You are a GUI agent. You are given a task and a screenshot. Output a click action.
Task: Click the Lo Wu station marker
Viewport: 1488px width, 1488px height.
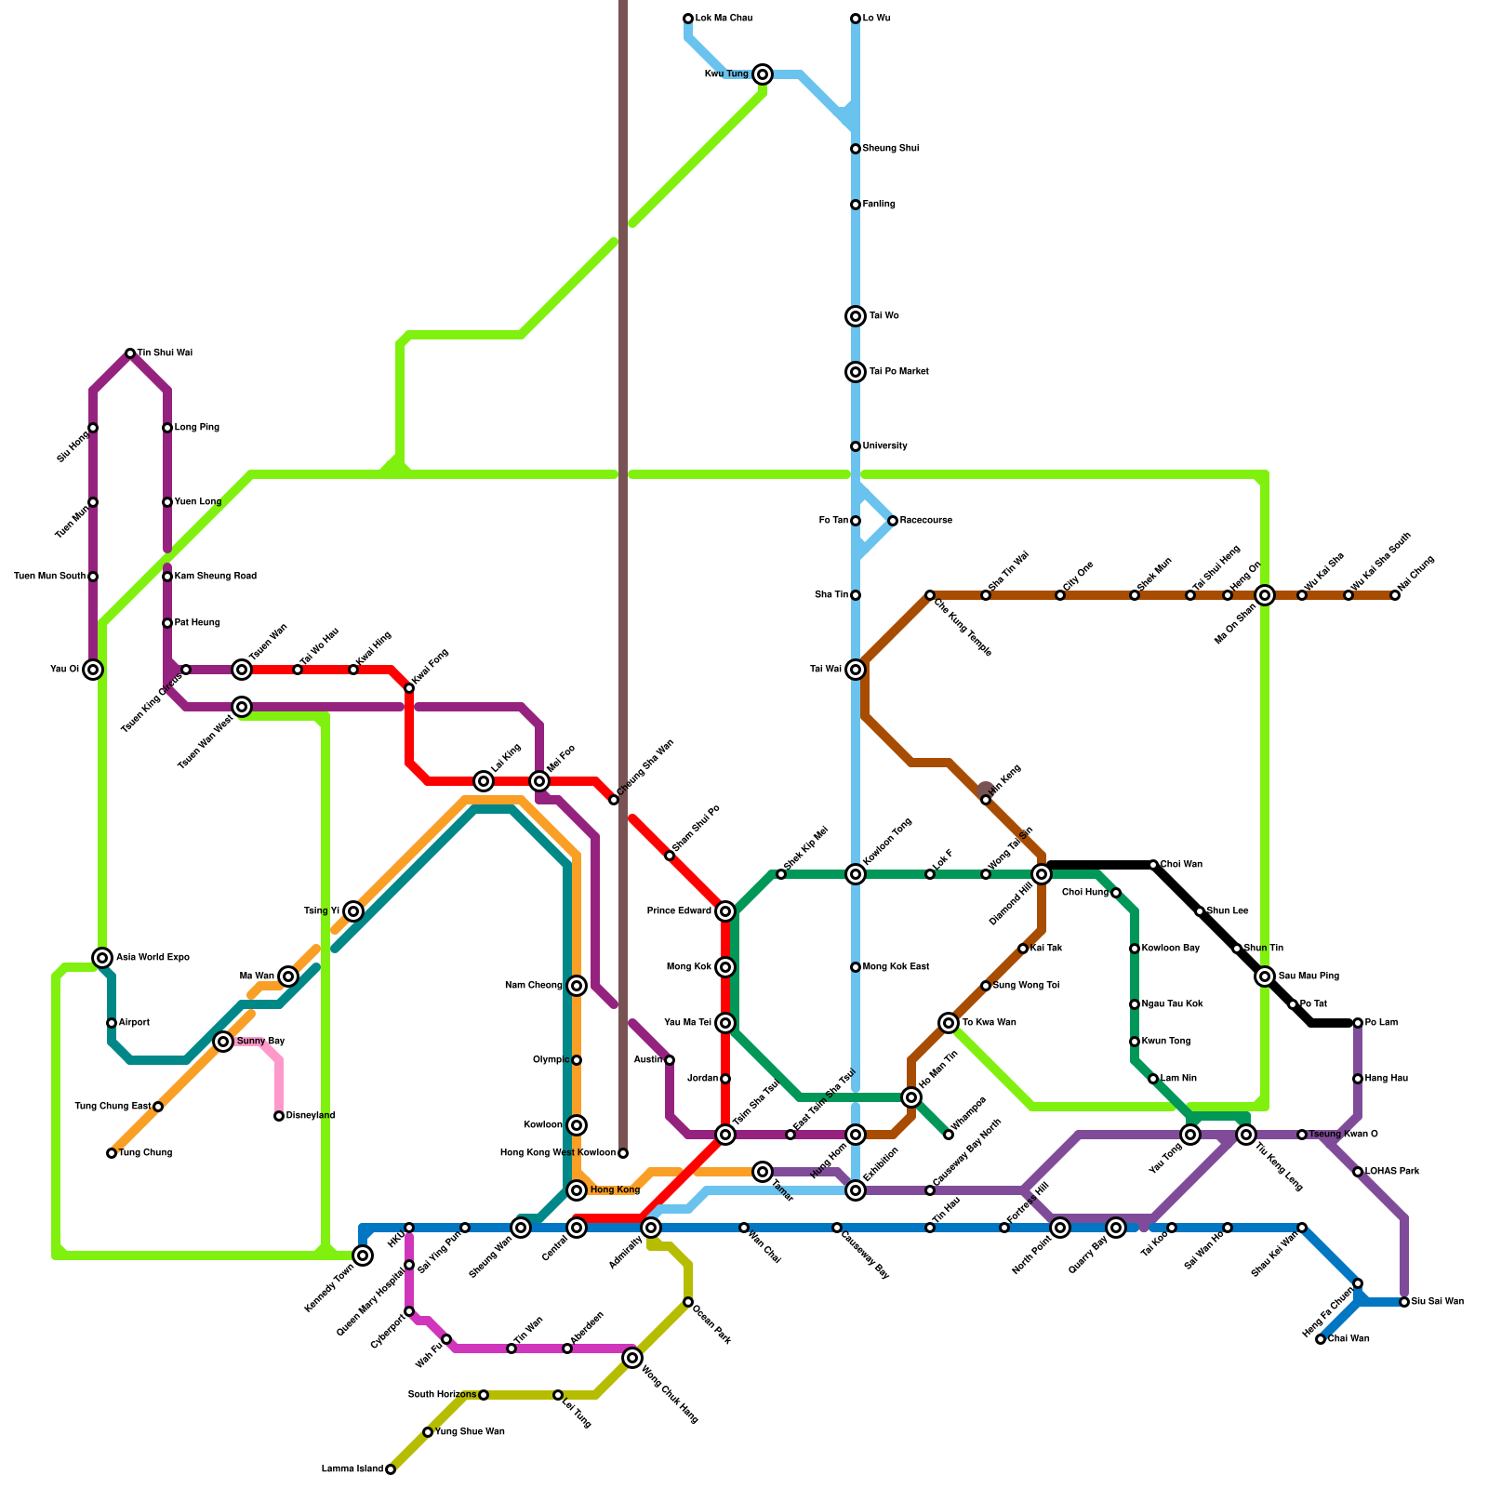click(x=856, y=19)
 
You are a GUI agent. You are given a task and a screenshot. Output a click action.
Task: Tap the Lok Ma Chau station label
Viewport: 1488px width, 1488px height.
click(x=724, y=19)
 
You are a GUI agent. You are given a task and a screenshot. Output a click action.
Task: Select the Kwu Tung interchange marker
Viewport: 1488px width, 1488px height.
click(x=763, y=74)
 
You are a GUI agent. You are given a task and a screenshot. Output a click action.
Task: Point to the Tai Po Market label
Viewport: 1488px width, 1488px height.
click(x=898, y=372)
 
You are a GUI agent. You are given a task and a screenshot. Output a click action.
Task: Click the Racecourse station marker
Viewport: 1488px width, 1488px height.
click(x=893, y=521)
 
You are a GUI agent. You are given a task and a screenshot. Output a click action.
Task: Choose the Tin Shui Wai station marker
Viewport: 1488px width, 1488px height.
click(x=130, y=353)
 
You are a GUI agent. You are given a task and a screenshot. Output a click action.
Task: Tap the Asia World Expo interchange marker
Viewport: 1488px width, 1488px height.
click(x=102, y=958)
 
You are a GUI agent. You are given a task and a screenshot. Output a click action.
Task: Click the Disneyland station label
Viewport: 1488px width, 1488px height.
click(x=310, y=1116)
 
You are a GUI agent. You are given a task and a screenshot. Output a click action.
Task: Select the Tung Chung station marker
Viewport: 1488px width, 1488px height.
click(x=112, y=1153)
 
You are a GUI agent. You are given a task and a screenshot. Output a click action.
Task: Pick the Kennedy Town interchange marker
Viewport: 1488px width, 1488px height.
click(x=363, y=1255)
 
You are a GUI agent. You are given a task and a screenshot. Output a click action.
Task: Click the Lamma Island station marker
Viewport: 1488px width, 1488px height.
click(x=391, y=1469)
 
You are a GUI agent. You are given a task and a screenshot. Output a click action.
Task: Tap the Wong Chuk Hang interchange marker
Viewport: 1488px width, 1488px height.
click(x=632, y=1358)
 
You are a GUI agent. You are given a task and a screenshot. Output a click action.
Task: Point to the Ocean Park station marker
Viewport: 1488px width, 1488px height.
click(x=688, y=1302)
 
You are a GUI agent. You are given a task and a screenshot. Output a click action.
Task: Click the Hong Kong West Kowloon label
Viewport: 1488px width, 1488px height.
click(x=557, y=1153)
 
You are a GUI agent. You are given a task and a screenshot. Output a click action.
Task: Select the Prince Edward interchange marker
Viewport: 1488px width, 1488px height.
click(x=725, y=911)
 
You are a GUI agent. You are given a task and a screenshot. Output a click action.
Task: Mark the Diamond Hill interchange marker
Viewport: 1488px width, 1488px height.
click(x=1042, y=874)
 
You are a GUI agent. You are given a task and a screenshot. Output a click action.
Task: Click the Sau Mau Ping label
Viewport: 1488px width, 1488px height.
click(x=1309, y=976)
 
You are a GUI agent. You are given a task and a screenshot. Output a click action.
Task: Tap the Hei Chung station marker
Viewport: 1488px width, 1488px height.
click(x=1395, y=595)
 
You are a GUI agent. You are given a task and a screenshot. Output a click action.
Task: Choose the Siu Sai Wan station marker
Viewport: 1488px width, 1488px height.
click(x=1404, y=1302)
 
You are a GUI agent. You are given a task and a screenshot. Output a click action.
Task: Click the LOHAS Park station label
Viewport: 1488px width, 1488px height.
click(x=1392, y=1172)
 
